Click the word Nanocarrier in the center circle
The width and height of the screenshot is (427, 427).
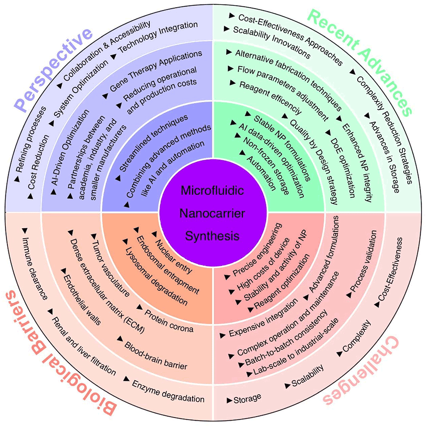(213, 213)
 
